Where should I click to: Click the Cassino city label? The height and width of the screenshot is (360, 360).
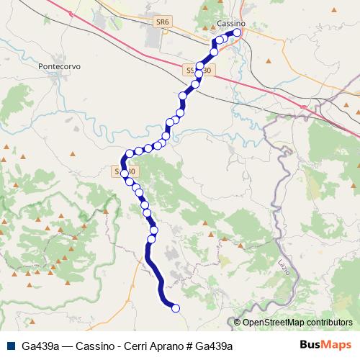[230, 24]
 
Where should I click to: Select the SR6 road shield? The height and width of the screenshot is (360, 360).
[162, 22]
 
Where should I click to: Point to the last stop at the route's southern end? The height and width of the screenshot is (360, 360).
[175, 309]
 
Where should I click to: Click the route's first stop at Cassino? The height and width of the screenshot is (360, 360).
[236, 32]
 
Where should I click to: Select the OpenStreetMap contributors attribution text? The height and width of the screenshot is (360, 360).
[297, 323]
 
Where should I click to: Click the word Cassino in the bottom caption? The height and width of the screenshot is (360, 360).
[93, 346]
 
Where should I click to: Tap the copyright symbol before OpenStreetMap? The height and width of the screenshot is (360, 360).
[237, 323]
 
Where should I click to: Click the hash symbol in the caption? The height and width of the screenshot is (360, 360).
[190, 346]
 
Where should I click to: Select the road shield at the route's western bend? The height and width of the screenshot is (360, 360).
[125, 171]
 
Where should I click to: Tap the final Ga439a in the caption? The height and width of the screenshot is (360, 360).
[215, 346]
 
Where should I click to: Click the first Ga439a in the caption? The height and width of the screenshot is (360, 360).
[40, 346]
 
